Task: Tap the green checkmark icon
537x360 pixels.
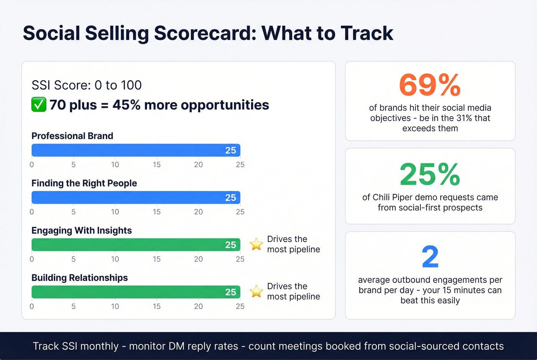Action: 39,105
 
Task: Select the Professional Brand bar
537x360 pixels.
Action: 136,150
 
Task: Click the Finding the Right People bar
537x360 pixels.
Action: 136,197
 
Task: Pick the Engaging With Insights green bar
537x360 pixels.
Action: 136,245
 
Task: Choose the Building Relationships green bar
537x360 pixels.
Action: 136,292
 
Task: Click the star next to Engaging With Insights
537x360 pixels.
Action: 256,244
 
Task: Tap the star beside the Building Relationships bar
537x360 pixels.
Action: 256,291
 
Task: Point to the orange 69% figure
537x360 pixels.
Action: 430,85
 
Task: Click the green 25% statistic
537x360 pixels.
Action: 430,174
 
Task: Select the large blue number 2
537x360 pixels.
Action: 430,257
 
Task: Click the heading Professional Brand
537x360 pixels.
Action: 72,136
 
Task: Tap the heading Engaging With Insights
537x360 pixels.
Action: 81,230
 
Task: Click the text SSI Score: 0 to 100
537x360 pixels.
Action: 87,85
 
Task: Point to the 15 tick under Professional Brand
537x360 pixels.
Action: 156,164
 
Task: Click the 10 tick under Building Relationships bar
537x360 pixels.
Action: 115,306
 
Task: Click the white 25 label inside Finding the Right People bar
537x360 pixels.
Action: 231,197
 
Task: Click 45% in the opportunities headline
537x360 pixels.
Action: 127,105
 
